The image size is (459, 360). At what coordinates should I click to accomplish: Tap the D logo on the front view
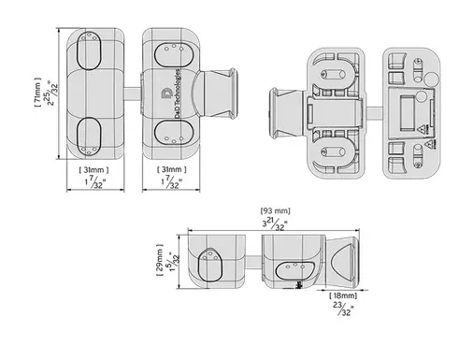pos(165,94)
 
